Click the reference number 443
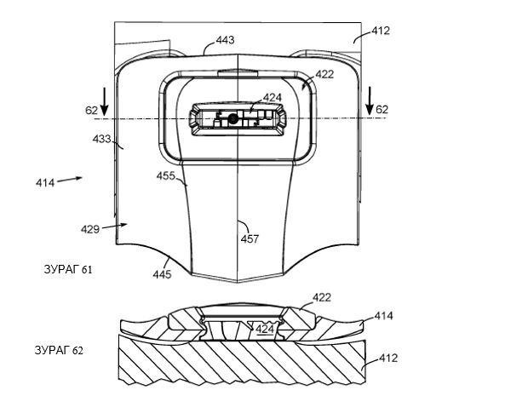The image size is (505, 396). [225, 40]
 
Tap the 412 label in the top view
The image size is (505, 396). [381, 31]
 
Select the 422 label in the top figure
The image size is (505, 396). [324, 74]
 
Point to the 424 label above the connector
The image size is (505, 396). [273, 97]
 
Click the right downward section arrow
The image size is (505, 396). [370, 101]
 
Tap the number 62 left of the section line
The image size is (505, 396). [91, 110]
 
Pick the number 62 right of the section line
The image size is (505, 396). [382, 110]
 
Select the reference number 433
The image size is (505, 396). [102, 139]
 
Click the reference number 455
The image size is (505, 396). [166, 175]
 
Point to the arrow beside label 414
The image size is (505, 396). [70, 180]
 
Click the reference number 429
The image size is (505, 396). [90, 229]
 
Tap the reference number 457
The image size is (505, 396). [250, 239]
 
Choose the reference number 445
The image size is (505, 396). [162, 274]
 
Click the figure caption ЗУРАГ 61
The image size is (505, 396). [68, 269]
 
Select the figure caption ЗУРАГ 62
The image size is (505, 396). [59, 350]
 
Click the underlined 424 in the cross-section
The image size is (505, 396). [265, 329]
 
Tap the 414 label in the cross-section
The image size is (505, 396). [383, 316]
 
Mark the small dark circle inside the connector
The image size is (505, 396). [232, 119]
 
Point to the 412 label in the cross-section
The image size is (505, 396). [388, 358]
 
